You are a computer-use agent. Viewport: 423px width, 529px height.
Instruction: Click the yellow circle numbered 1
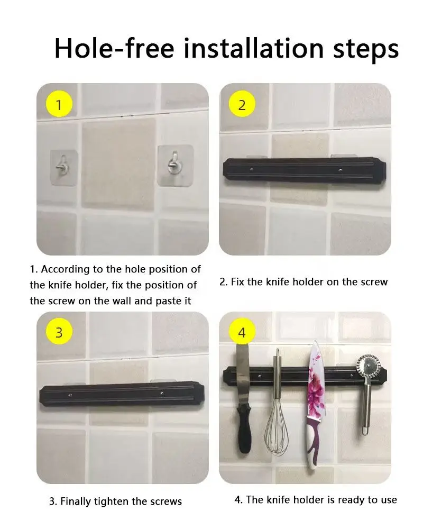pos(59,105)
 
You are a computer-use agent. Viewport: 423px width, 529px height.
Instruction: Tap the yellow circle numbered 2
pos(242,105)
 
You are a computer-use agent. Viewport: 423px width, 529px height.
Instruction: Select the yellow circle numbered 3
pos(59,332)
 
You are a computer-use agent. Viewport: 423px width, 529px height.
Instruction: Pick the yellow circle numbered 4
pos(242,332)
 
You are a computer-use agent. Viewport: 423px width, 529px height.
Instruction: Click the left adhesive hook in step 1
pos(64,167)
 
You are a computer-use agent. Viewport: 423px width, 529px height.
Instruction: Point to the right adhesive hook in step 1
pos(176,165)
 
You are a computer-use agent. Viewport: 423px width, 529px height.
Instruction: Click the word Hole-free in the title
pos(114,48)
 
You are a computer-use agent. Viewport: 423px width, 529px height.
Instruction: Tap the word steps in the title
pos(366,50)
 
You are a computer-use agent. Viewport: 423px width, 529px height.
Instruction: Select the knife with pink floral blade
pos(315,405)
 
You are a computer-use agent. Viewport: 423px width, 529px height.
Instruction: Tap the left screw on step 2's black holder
pos(251,169)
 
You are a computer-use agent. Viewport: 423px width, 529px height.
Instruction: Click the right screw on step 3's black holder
pos(162,394)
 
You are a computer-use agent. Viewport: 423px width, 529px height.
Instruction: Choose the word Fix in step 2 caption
pos(237,282)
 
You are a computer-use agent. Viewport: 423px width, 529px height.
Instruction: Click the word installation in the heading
pos(254,48)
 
